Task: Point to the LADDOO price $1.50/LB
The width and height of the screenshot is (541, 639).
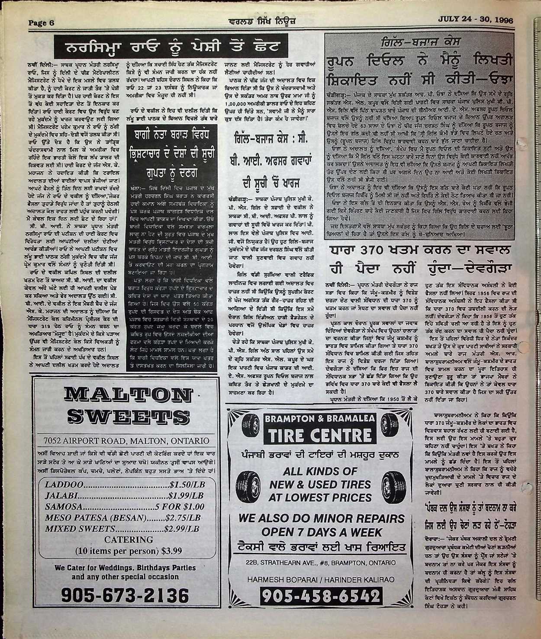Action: [185, 483]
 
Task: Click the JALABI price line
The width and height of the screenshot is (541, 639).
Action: [124, 495]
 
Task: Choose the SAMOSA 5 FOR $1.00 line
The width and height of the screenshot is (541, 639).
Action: [124, 506]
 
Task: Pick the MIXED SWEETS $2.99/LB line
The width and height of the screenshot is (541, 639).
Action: [122, 529]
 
